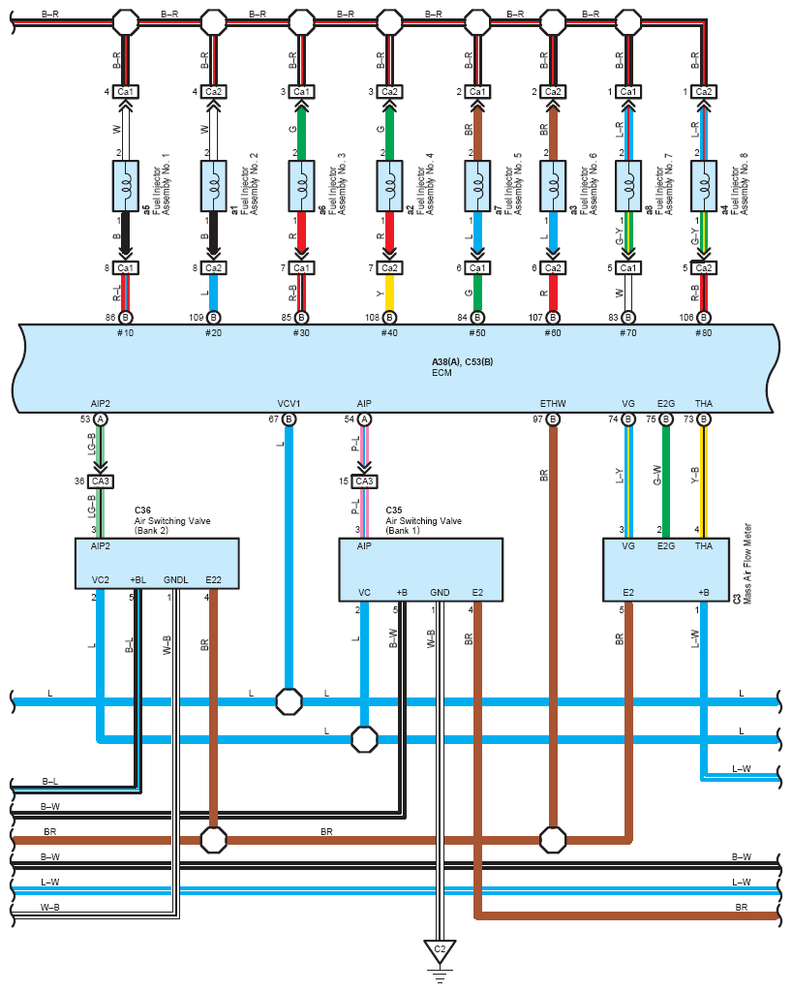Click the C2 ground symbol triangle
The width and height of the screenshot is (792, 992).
(x=440, y=951)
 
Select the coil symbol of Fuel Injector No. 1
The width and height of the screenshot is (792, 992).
(x=126, y=186)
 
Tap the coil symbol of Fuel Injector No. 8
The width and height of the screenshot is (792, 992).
(x=704, y=186)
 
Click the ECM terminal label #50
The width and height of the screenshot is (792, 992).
(x=477, y=333)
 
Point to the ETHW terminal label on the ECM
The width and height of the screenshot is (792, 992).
(x=553, y=404)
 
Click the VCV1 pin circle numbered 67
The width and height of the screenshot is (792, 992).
(x=289, y=419)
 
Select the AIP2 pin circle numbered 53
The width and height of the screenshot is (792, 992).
(x=100, y=419)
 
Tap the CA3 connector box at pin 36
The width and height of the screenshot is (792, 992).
(x=100, y=481)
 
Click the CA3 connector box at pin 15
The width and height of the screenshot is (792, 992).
(x=364, y=481)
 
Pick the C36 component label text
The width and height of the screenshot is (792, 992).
(x=143, y=510)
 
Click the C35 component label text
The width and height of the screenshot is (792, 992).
(x=394, y=510)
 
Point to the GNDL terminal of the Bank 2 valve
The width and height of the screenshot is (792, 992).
(x=175, y=580)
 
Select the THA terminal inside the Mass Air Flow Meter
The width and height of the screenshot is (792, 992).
(x=704, y=546)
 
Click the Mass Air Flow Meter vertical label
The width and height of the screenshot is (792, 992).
(x=747, y=564)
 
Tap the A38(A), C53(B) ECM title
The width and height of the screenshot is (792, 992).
(x=462, y=362)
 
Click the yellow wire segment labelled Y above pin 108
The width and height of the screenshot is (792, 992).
(x=389, y=293)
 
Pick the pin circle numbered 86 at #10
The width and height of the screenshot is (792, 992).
(x=126, y=318)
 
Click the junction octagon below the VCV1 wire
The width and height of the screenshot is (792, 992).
(x=289, y=701)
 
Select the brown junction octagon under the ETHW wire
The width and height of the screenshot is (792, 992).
(x=553, y=840)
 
